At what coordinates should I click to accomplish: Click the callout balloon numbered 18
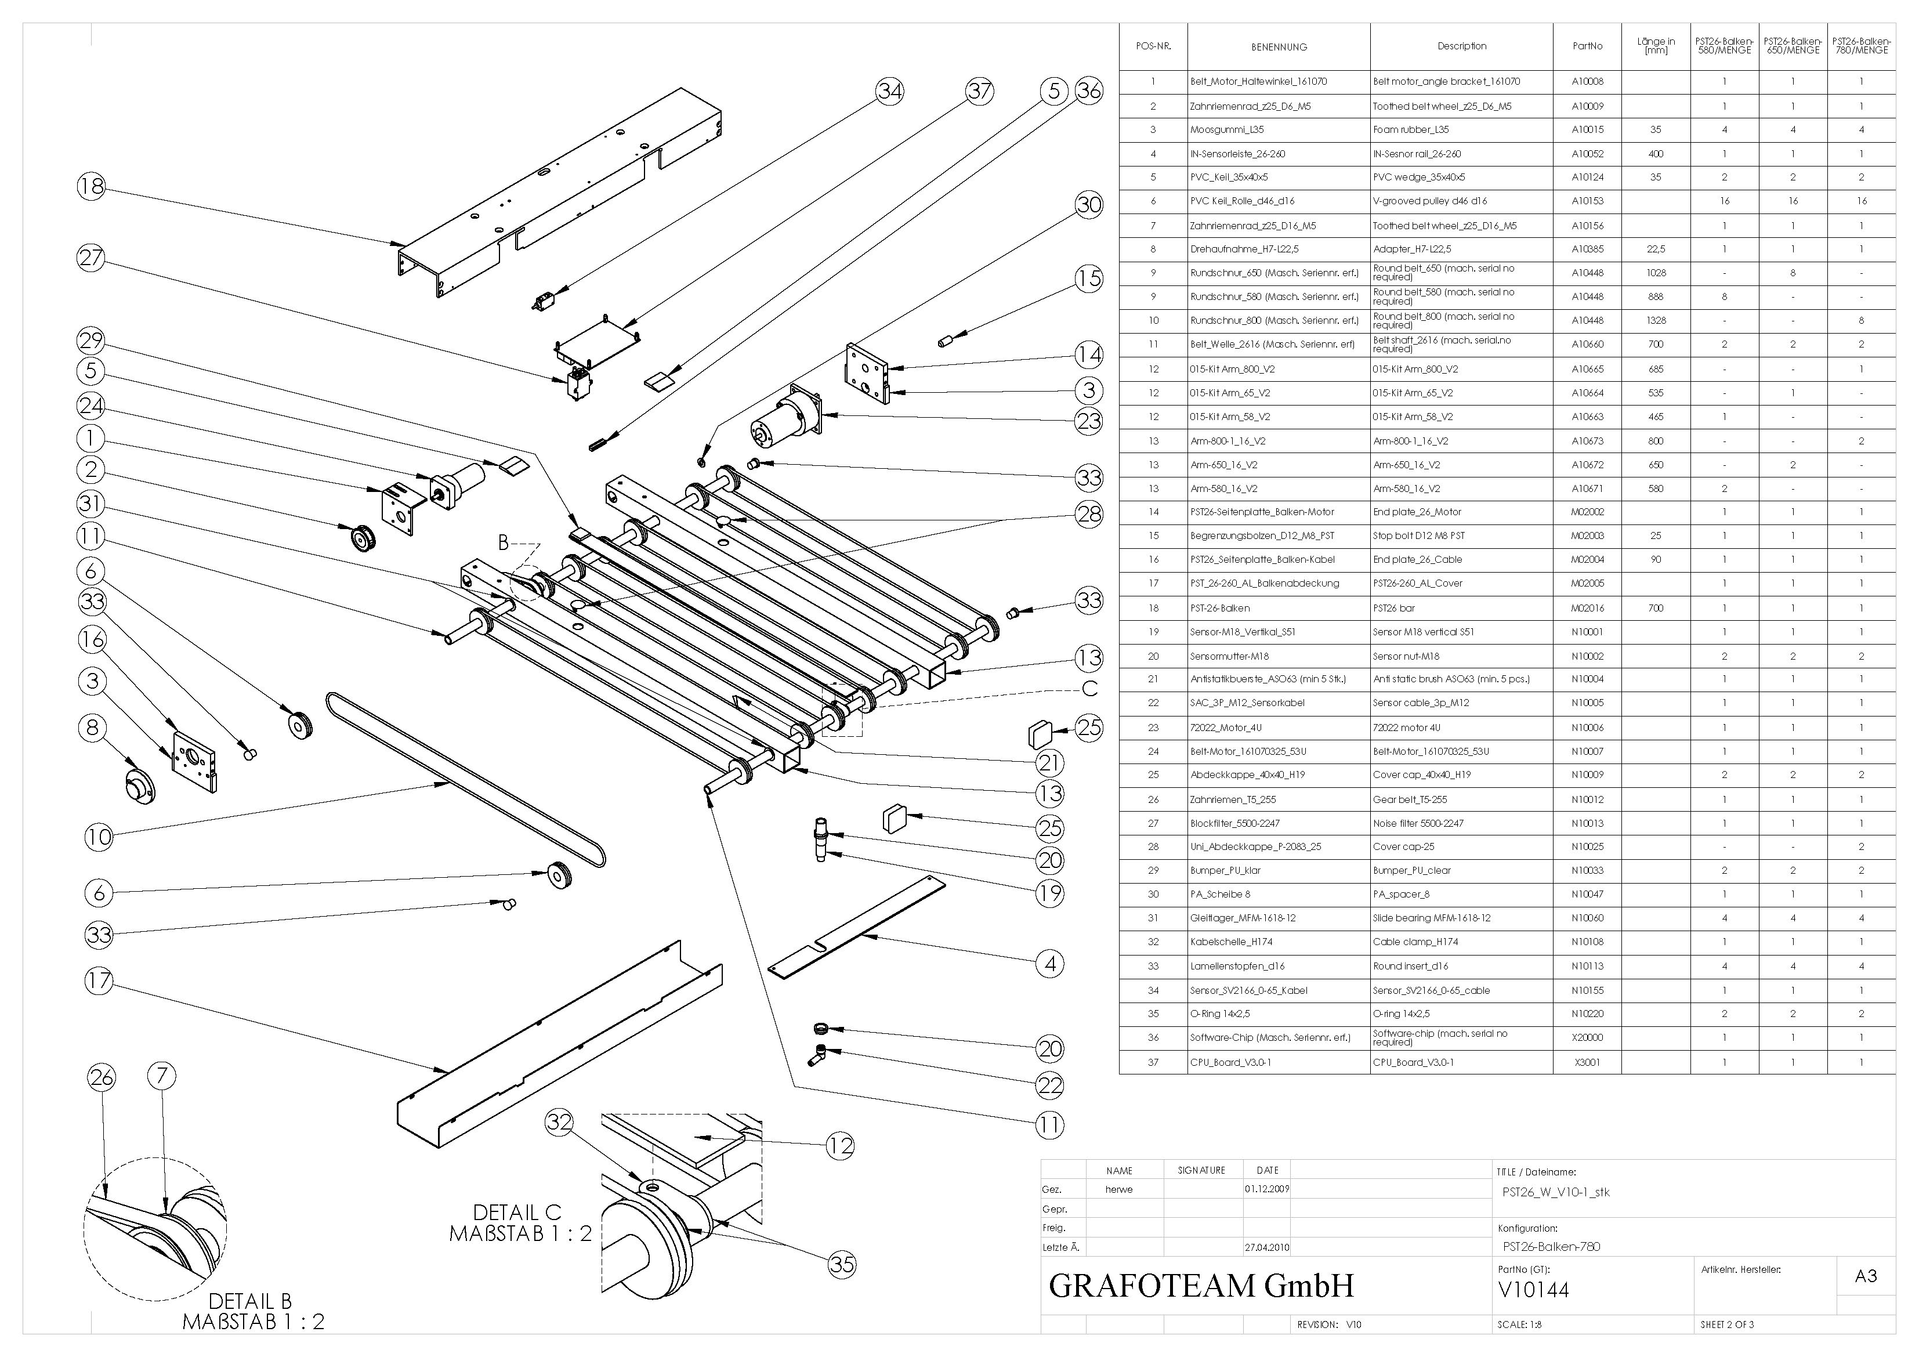pos(91,186)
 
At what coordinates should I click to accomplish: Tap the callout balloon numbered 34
pos(889,91)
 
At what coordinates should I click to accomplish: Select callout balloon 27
pos(91,258)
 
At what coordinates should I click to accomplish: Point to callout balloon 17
pos(99,980)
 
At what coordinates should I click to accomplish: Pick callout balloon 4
pos(1050,964)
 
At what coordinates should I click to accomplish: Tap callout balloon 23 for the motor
pos(1088,421)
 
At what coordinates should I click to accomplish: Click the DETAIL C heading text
pos(517,1213)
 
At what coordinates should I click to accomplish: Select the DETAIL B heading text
pos(250,1301)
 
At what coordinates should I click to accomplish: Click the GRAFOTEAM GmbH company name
pos(1201,1285)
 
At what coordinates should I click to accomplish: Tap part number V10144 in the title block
pos(1534,1290)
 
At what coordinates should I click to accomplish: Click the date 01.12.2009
pos(1267,1189)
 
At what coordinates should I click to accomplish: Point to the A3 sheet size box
pos(1866,1276)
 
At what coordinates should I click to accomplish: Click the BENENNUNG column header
pos(1279,47)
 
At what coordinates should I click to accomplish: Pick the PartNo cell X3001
pos(1587,1062)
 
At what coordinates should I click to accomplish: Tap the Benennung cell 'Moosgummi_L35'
pos(1227,129)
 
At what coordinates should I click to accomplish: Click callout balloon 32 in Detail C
pos(559,1122)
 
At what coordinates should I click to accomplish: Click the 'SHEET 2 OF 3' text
pos(1727,1325)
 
